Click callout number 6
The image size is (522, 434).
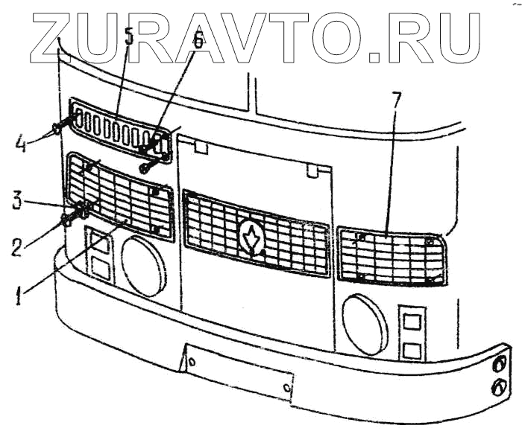(197, 41)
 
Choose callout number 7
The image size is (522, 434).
(396, 100)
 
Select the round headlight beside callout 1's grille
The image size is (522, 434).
(144, 264)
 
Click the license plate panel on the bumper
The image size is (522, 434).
(238, 372)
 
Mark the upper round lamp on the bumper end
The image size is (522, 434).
(500, 363)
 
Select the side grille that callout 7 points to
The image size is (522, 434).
(391, 258)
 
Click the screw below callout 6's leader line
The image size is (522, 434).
(148, 165)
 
